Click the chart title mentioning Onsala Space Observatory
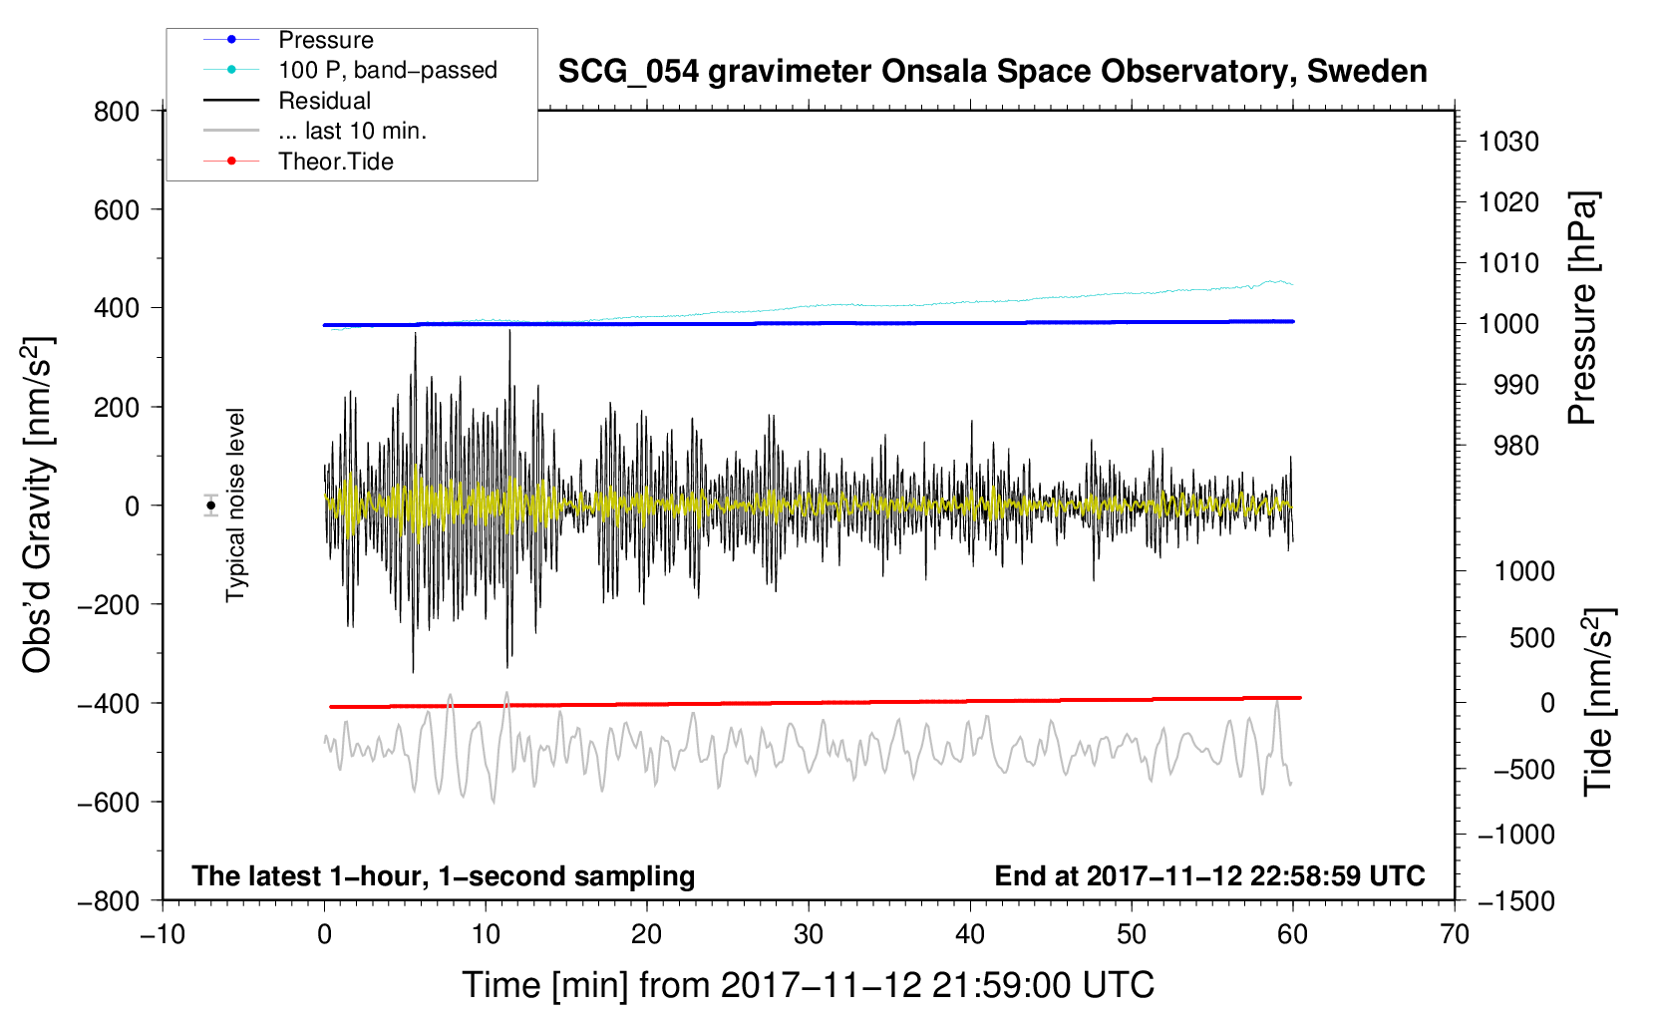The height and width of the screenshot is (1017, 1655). pos(992,72)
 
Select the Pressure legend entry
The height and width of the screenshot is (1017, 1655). pos(326,40)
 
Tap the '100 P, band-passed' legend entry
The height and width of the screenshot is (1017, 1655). pos(388,70)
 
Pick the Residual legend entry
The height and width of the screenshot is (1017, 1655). pos(324,101)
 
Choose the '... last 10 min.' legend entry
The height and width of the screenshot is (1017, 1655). pos(353,131)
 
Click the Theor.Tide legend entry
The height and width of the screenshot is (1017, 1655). pos(335,162)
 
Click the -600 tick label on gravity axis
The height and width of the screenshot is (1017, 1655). pos(109,803)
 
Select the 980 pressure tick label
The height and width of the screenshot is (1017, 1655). pos(1516,446)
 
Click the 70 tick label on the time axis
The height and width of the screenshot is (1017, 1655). pos(1455,934)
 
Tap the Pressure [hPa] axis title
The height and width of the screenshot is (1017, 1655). pos(1582,308)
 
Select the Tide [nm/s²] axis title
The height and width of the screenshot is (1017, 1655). pos(1599,702)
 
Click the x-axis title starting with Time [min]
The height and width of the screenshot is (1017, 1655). pos(809,985)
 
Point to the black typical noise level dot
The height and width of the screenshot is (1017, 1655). pos(211,506)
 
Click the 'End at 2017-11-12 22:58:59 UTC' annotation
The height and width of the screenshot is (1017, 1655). pos(1209,875)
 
